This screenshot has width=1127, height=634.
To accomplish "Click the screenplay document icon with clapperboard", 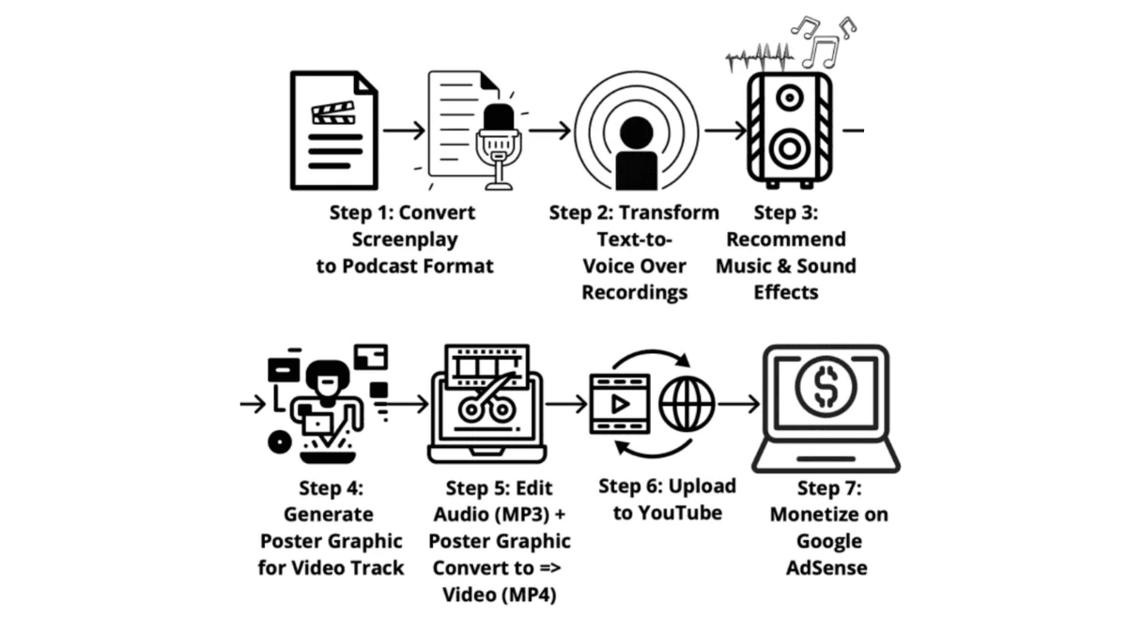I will click(x=333, y=130).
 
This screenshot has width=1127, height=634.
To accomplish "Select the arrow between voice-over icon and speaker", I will click(x=724, y=131).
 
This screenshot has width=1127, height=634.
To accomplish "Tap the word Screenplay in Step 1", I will click(x=402, y=239).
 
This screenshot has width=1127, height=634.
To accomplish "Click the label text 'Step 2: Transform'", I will click(x=634, y=212).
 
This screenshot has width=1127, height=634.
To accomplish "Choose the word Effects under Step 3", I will click(x=785, y=292).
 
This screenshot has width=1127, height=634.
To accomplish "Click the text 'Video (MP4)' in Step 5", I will click(x=500, y=595).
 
